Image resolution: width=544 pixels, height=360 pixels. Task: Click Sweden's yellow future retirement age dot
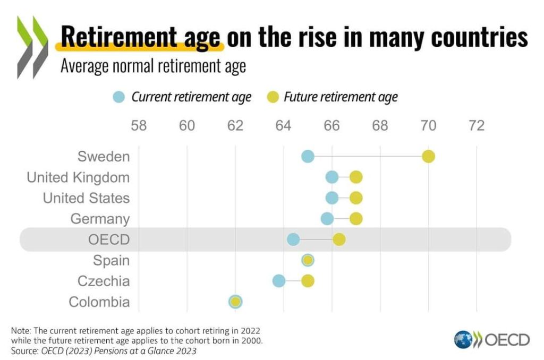[x=428, y=157]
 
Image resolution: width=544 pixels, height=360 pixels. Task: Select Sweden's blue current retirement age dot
[x=308, y=157]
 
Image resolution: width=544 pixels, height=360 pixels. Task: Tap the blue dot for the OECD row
[x=293, y=239]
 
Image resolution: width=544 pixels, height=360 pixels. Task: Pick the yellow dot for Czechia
[x=308, y=281]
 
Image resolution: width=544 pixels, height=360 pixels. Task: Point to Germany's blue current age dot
[x=327, y=219]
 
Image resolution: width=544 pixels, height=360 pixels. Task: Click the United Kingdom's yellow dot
[x=356, y=177]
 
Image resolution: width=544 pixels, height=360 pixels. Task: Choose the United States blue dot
[x=332, y=198]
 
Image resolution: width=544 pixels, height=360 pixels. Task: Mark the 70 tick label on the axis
[x=428, y=126]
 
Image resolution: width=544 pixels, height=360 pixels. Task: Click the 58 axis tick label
[x=139, y=126]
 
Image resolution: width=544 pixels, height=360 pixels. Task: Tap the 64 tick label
[x=284, y=126]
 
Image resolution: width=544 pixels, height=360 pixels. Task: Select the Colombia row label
[x=99, y=302]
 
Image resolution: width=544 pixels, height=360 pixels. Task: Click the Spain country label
[x=111, y=261]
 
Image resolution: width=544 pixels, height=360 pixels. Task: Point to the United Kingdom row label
[x=78, y=177]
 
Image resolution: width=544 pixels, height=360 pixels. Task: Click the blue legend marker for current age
[x=119, y=97]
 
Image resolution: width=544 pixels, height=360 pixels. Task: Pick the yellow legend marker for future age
[x=272, y=97]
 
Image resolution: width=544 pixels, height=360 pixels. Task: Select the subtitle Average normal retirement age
[x=153, y=67]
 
